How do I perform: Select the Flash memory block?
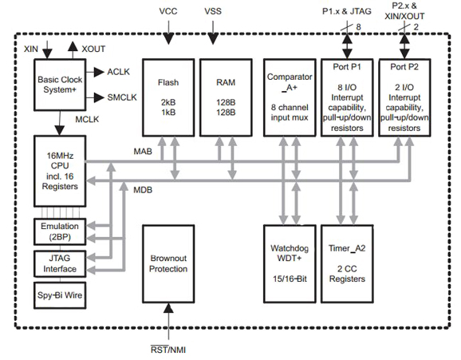point(168,96)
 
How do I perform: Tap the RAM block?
point(227,96)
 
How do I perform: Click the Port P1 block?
point(347,96)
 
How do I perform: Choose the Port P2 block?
point(407,96)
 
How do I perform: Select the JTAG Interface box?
point(58,263)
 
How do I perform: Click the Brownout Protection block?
point(168,264)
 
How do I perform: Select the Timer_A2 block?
point(347,264)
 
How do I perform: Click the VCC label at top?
point(168,11)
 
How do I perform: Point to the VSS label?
point(213,11)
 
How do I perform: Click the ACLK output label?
point(118,72)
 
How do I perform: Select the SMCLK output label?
point(122,97)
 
